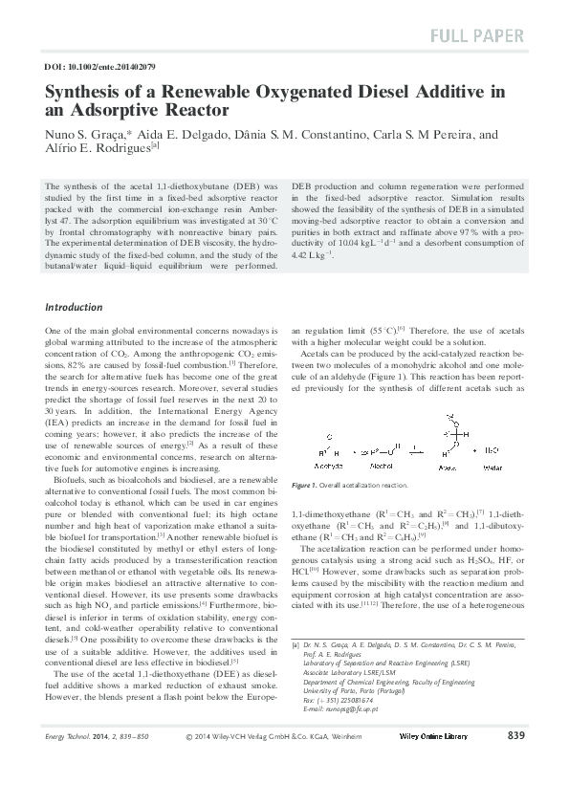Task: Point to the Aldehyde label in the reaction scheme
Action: click(330, 467)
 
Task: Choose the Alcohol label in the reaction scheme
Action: click(382, 467)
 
